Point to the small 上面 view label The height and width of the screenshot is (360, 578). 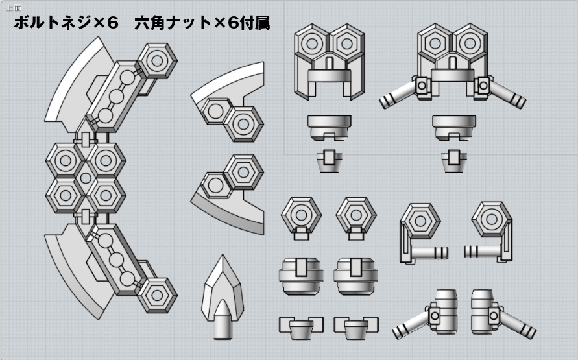(x=14, y=8)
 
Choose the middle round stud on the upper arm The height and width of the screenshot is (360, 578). (x=116, y=98)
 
